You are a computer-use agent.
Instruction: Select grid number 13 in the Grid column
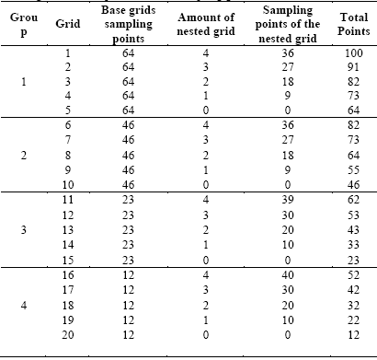66,229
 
